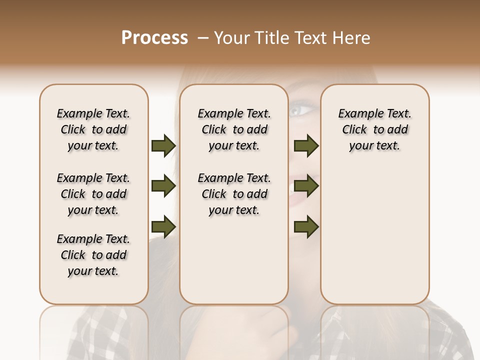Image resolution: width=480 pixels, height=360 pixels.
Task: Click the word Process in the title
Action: tap(154, 38)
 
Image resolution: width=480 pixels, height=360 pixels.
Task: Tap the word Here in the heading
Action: tap(352, 38)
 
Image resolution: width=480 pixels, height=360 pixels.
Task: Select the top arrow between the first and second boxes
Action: tap(163, 146)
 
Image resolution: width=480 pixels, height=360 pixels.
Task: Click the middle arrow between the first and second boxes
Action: tap(163, 186)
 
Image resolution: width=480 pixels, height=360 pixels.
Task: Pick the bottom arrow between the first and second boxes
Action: tap(163, 227)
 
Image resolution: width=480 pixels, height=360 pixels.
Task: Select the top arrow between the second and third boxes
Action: tap(306, 146)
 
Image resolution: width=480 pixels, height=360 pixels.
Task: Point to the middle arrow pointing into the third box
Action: tap(306, 186)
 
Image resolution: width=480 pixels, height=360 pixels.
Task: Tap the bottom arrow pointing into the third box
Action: tap(306, 227)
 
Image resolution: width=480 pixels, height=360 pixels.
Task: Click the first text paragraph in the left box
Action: tap(93, 129)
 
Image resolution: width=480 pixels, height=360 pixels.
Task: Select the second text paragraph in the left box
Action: tap(93, 194)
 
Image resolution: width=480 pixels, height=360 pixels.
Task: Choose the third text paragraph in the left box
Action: tap(93, 255)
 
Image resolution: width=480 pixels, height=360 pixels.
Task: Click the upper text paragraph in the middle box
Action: tap(234, 129)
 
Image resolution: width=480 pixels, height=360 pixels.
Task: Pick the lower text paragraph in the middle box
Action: tap(234, 194)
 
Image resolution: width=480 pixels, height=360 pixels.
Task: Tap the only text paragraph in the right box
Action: tap(375, 129)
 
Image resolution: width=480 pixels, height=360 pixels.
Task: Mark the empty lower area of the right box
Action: tap(375, 230)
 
